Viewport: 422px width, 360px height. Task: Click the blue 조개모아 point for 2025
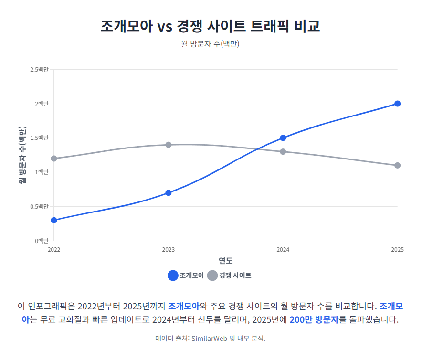coord(397,104)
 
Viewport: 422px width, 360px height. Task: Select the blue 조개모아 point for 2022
coord(54,220)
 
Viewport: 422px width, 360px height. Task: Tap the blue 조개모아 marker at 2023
coord(169,193)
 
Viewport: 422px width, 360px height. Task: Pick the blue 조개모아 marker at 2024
coord(283,138)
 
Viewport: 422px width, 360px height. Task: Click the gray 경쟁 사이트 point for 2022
coord(54,159)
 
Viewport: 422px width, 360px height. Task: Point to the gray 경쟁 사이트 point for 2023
coord(169,145)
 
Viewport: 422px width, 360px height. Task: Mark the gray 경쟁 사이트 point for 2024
coord(283,152)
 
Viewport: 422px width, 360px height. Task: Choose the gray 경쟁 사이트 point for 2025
coord(397,165)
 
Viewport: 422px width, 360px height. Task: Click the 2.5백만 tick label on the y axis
coord(39,70)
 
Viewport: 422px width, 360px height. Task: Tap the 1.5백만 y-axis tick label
coord(39,138)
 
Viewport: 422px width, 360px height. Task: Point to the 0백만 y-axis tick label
coord(41,241)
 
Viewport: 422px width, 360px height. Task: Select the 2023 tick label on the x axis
coord(169,250)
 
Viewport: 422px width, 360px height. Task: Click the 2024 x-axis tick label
coord(283,250)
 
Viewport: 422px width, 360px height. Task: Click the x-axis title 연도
coord(226,261)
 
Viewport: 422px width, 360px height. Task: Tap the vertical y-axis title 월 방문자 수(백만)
coord(22,155)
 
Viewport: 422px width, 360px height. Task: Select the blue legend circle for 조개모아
coord(173,275)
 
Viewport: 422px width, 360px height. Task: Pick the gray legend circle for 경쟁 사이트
coord(212,275)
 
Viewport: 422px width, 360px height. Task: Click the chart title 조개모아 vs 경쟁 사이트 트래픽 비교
coord(211,26)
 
